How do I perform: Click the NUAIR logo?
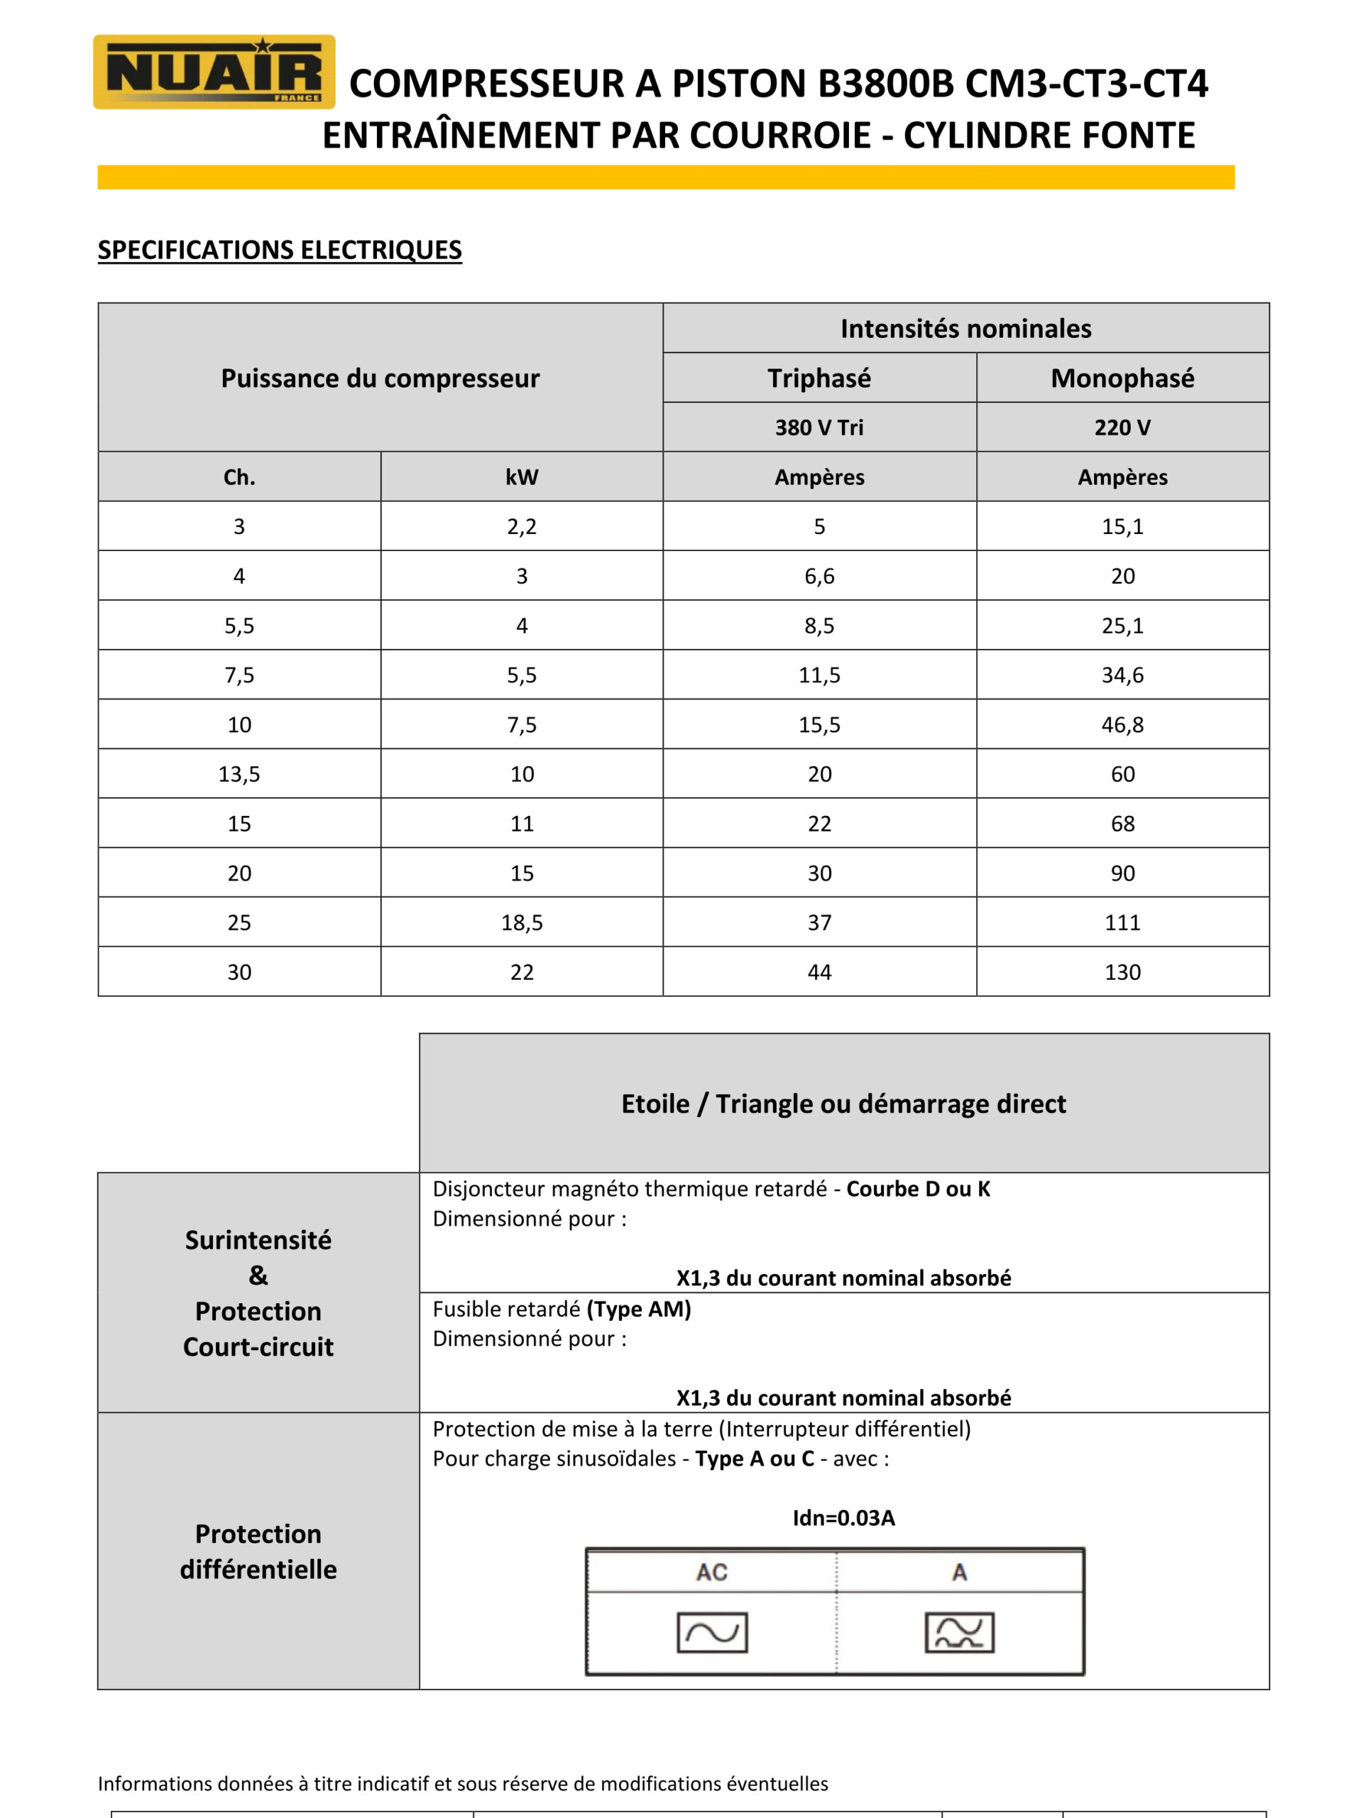214,72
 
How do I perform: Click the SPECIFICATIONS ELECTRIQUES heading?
279,250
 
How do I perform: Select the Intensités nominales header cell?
965,329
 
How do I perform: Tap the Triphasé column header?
819,378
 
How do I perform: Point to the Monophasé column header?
1122,378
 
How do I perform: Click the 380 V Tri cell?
819,428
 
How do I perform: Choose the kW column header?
522,477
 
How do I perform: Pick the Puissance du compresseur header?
381,378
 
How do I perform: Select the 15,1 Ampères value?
1122,526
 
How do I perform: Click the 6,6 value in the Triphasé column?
819,576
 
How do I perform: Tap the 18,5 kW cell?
522,922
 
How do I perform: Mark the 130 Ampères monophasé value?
1122,972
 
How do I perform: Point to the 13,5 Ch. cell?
239,774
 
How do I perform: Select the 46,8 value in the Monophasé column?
1122,725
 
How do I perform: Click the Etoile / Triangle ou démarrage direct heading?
844,1104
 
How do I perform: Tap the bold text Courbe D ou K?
919,1190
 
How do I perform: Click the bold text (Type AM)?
638,1310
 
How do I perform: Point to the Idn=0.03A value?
844,1518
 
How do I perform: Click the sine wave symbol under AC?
711,1632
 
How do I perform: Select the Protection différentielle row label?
258,1552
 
